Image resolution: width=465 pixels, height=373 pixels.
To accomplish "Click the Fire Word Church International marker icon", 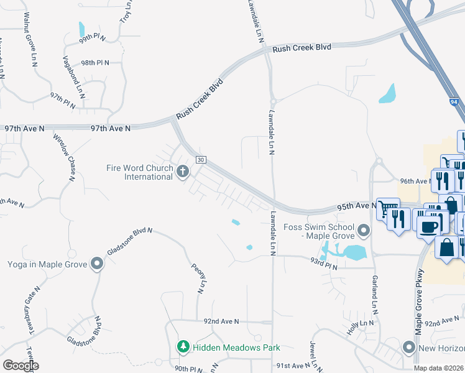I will (x=182, y=171).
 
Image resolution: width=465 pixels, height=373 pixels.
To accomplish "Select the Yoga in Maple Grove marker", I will (x=96, y=264).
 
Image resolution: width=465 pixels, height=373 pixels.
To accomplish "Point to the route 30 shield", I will (x=200, y=160).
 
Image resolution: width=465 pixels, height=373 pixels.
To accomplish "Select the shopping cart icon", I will (x=387, y=207).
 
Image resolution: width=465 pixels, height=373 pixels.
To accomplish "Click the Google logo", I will (x=21, y=366).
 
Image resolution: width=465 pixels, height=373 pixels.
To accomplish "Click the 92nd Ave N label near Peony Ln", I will (x=221, y=321).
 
